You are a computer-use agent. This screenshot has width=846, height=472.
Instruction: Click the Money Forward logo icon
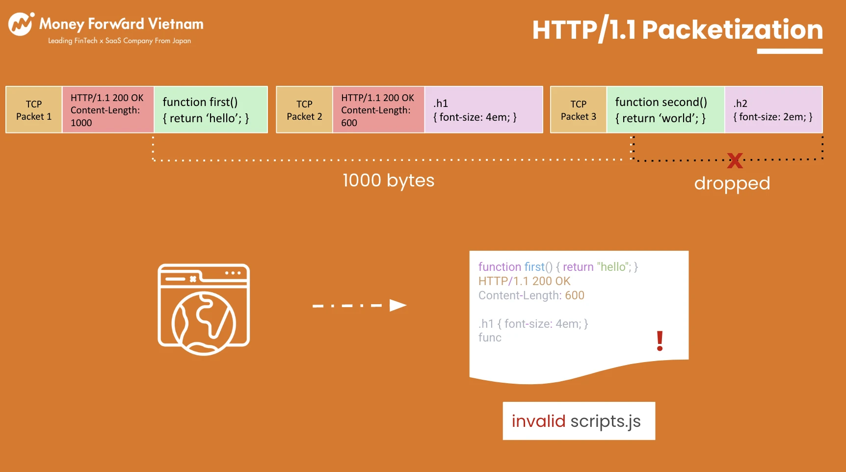pyautogui.click(x=21, y=24)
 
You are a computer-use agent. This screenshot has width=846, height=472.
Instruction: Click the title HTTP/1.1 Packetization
pyautogui.click(x=677, y=30)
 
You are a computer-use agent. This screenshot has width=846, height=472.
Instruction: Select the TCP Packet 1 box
pyautogui.click(x=34, y=110)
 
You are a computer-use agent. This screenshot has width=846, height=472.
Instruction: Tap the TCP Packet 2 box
pyautogui.click(x=304, y=110)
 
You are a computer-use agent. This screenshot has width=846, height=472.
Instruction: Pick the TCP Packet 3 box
pyautogui.click(x=579, y=110)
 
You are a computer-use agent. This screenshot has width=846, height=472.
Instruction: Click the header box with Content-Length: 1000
pyautogui.click(x=108, y=110)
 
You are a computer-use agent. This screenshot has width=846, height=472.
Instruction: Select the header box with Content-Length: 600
pyautogui.click(x=378, y=110)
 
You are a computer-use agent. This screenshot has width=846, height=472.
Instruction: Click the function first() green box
pyautogui.click(x=211, y=110)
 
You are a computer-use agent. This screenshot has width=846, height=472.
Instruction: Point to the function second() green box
pyautogui.click(x=666, y=110)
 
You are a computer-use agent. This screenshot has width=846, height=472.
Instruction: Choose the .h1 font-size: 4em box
pyautogui.click(x=484, y=110)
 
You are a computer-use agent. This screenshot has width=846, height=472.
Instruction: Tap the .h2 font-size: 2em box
pyautogui.click(x=774, y=110)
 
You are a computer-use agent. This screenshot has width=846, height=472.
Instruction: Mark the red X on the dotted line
pyautogui.click(x=735, y=160)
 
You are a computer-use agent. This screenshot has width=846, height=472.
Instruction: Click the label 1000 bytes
pyautogui.click(x=388, y=181)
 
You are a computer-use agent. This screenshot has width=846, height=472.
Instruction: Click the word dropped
pyautogui.click(x=732, y=184)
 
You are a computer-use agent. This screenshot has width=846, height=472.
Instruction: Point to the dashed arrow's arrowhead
pyautogui.click(x=398, y=306)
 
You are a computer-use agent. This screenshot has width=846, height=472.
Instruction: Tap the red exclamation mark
pyautogui.click(x=660, y=341)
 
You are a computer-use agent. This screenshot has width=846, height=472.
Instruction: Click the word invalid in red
pyautogui.click(x=538, y=421)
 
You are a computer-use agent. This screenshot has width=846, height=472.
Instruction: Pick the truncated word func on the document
pyautogui.click(x=490, y=338)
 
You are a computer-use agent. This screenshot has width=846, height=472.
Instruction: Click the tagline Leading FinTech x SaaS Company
pyautogui.click(x=119, y=41)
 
